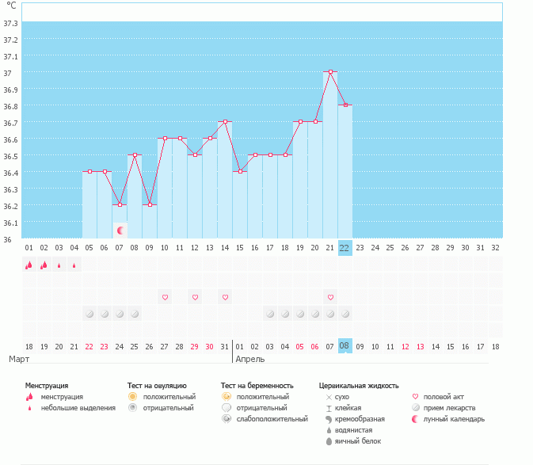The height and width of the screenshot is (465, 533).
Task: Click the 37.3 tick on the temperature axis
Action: pos(11,23)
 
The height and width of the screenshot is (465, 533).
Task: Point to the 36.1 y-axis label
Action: pos(11,223)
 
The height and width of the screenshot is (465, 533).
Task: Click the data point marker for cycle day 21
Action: pos(330,72)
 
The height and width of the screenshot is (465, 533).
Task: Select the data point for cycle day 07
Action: pos(120,205)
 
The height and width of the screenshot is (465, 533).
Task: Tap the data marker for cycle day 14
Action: pos(225,122)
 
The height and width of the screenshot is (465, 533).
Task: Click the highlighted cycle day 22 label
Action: pos(345,247)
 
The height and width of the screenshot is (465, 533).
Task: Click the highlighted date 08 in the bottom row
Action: pos(345,346)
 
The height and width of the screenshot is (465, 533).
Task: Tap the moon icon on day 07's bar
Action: pos(120,230)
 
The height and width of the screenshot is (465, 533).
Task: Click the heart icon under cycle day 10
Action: pos(165,297)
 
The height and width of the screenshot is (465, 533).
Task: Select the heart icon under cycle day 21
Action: pos(330,297)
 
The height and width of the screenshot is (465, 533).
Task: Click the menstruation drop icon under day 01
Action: pos(29,265)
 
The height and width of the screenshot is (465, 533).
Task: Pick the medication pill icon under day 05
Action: pos(89,314)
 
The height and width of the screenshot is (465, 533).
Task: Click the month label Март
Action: pos(19,360)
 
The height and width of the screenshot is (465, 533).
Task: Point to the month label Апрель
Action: pos(250,360)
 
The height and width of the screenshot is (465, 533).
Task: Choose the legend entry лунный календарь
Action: pos(454,419)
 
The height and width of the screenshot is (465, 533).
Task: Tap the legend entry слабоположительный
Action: pos(272,419)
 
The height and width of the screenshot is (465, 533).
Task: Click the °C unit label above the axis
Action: pos(11,6)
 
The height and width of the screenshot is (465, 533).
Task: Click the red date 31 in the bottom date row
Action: pos(225,346)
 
